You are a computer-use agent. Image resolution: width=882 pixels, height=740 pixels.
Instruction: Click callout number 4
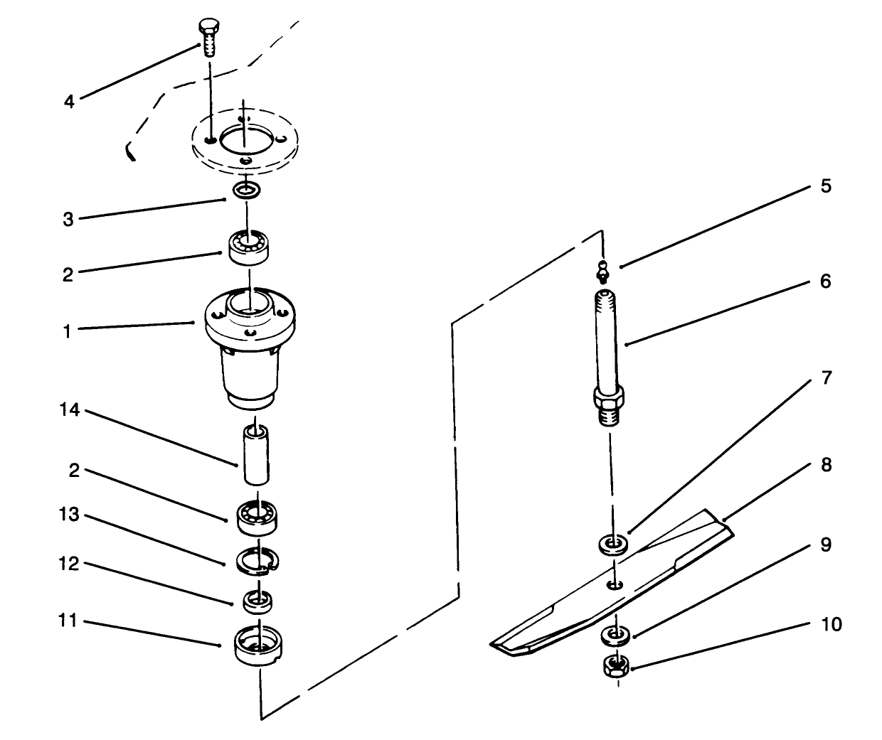point(69,102)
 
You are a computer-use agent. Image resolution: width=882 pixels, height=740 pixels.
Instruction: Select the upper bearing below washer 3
point(248,247)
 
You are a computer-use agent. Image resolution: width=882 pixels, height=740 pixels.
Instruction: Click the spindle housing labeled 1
point(249,348)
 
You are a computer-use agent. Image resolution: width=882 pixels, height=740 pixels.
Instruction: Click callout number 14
point(68,412)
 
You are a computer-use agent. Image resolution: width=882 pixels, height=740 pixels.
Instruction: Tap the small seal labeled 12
point(257,600)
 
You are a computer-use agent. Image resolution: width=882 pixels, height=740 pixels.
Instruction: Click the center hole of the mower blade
point(614,584)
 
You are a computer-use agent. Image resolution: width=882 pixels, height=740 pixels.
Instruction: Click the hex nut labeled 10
point(616,667)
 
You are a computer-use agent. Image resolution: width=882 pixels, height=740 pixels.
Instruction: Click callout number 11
point(68,621)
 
